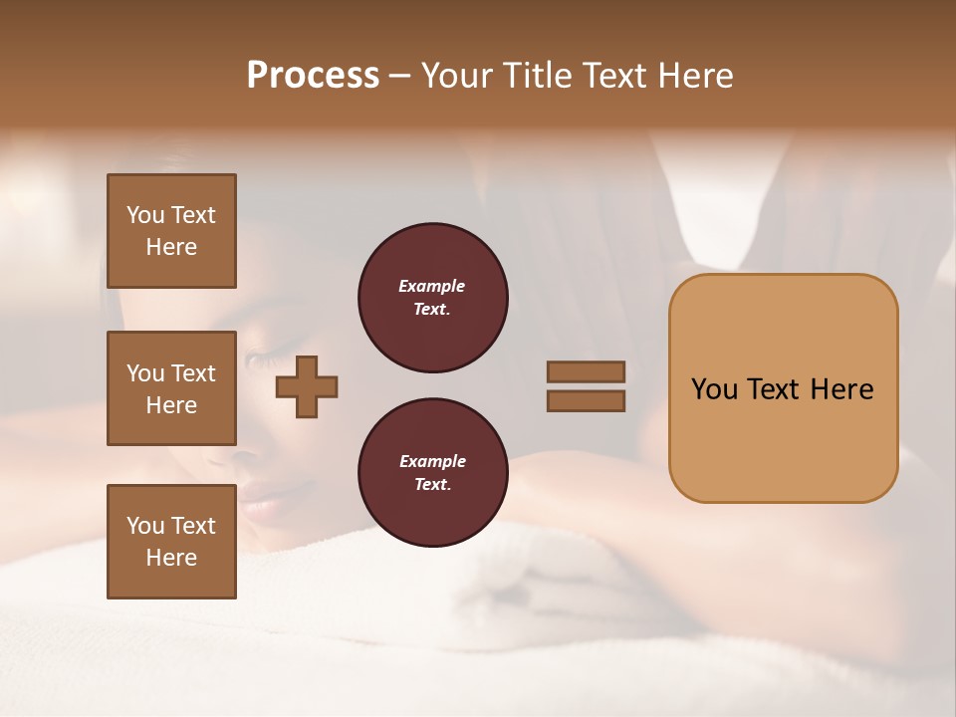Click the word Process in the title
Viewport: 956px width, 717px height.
[x=313, y=76]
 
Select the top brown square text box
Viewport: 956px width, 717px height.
[x=171, y=231]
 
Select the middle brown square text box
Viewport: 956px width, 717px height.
[x=171, y=388]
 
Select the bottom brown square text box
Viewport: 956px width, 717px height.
[x=171, y=542]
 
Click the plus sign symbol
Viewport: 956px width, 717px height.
[x=307, y=386]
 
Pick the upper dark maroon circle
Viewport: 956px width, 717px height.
[x=432, y=297]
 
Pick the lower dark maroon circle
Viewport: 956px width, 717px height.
[x=432, y=472]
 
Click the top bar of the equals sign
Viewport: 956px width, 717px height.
[x=586, y=371]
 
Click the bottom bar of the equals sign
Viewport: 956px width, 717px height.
[x=586, y=400]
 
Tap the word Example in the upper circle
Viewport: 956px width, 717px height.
[x=431, y=286]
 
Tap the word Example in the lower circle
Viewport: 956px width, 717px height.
[x=432, y=461]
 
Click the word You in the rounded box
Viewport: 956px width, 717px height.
[x=714, y=389]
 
